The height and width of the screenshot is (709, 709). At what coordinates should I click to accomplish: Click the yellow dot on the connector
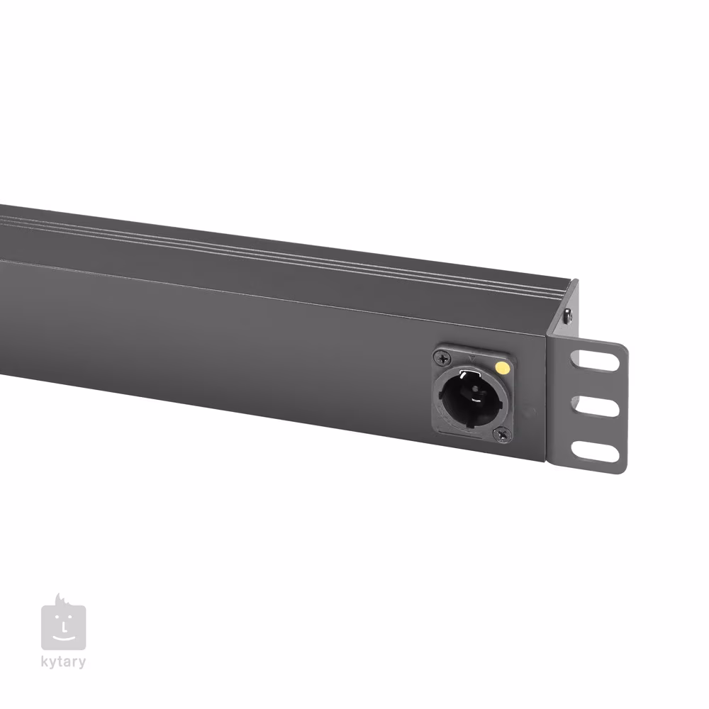[502, 367]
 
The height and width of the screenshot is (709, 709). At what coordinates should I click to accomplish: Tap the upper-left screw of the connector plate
[442, 358]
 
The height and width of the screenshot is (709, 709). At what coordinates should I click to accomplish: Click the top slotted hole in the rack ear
[594, 360]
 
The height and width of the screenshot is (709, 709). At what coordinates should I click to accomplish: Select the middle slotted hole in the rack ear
[595, 406]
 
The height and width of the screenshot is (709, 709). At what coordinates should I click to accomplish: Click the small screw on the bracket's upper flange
[567, 316]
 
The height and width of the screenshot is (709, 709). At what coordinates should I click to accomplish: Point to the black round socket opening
[471, 396]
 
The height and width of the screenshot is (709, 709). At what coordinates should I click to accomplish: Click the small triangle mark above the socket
[473, 358]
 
